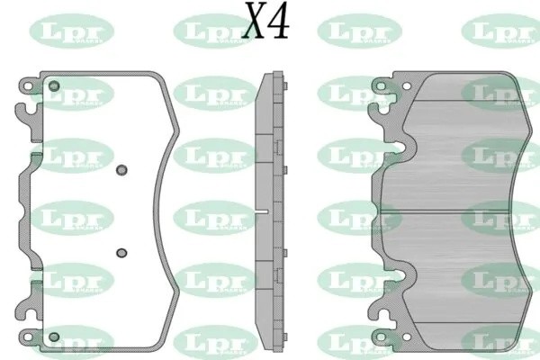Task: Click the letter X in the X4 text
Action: [x=254, y=22]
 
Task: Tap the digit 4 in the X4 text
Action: [x=279, y=22]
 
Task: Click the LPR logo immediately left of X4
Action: [x=209, y=33]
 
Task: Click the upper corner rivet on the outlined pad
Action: [x=54, y=86]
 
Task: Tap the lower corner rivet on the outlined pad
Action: [x=54, y=337]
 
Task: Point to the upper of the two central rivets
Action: [x=123, y=167]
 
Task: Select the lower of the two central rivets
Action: [x=123, y=253]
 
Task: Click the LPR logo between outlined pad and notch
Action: [x=209, y=216]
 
